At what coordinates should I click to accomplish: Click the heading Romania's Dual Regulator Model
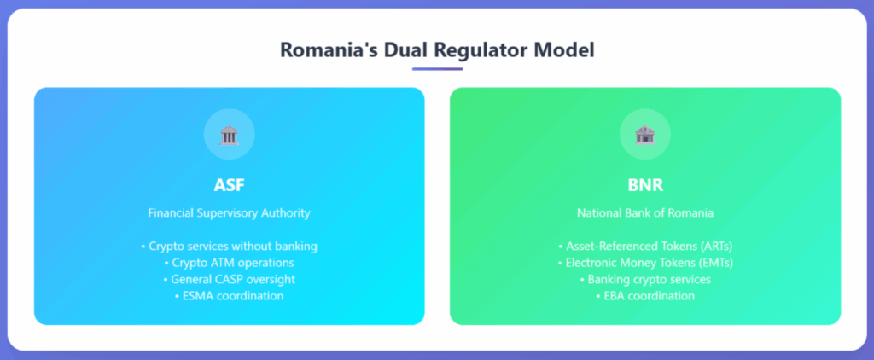(x=437, y=50)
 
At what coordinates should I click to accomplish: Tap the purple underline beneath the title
(x=437, y=69)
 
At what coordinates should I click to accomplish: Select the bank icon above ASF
(x=229, y=135)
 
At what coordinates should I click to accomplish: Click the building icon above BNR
(x=645, y=135)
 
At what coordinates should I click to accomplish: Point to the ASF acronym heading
(x=229, y=185)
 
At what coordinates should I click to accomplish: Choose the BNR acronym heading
(x=645, y=185)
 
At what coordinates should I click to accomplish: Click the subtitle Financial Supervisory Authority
(x=229, y=213)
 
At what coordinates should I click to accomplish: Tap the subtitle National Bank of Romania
(x=645, y=213)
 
